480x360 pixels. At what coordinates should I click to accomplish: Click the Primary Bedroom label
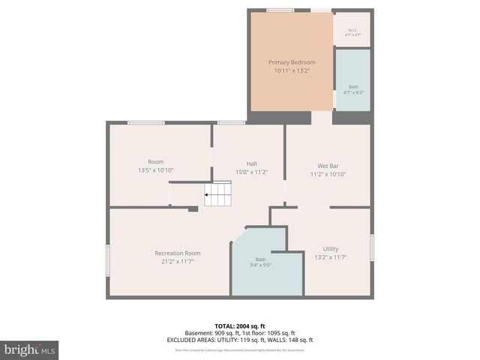[x=292, y=61]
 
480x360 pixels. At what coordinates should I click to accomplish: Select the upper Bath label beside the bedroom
[x=353, y=86]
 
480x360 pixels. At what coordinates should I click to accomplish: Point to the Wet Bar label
[x=327, y=165]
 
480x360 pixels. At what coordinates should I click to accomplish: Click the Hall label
[x=252, y=163]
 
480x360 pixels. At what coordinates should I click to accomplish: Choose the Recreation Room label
[x=177, y=253]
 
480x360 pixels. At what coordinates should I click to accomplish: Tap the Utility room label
[x=331, y=248]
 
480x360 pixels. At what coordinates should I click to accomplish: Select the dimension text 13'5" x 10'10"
[x=155, y=170]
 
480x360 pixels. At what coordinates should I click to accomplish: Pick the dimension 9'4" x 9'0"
[x=260, y=265]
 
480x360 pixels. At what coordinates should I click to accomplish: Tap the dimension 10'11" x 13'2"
[x=292, y=70]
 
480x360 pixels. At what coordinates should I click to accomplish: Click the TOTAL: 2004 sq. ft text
[x=239, y=326]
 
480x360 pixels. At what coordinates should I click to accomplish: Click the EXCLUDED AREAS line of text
[x=239, y=340]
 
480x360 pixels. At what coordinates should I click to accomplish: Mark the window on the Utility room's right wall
[x=372, y=247]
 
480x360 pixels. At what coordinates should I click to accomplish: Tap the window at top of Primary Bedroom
[x=280, y=10]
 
